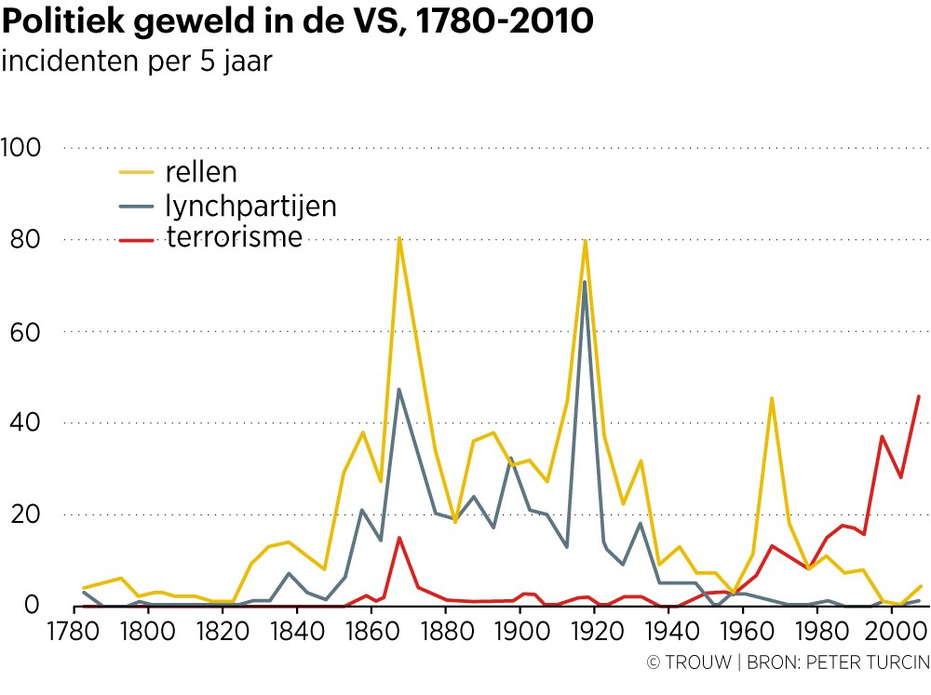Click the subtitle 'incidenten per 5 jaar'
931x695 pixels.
point(137,62)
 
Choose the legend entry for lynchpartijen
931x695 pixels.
point(250,205)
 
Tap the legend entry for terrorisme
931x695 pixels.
point(235,237)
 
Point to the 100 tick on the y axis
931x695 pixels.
point(26,148)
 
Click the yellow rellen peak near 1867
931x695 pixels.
point(398,238)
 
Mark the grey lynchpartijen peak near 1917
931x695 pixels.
point(585,282)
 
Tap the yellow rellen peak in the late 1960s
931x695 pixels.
point(771,398)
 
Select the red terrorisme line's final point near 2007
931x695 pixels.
point(919,396)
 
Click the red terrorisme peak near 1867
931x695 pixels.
point(398,538)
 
